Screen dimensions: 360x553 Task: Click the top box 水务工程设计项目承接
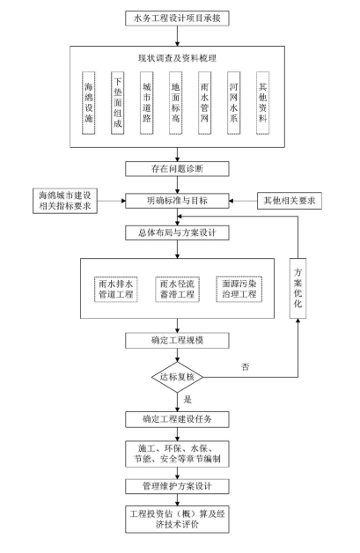pyautogui.click(x=177, y=18)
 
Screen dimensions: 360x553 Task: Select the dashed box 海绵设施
pyautogui.click(x=89, y=103)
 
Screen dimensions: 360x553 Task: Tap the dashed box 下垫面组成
pyautogui.click(x=118, y=103)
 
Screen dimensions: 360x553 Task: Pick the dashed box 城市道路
pyautogui.click(x=147, y=103)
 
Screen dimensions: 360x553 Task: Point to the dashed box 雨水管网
pyautogui.click(x=204, y=103)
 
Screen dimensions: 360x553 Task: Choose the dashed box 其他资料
pyautogui.click(x=262, y=103)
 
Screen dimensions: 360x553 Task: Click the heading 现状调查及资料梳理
pyautogui.click(x=177, y=58)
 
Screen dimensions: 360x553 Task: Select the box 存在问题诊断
pyautogui.click(x=177, y=169)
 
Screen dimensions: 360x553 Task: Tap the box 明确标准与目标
pyautogui.click(x=177, y=201)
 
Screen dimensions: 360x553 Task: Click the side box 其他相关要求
pyautogui.click(x=290, y=201)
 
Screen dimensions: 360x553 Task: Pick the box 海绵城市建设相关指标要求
pyautogui.click(x=65, y=201)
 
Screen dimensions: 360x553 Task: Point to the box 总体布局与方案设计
pyautogui.click(x=177, y=232)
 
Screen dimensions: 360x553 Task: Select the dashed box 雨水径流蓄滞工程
pyautogui.click(x=177, y=289)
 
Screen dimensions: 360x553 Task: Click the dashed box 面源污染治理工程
pyautogui.click(x=239, y=289)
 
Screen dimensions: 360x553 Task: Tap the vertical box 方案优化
pyautogui.click(x=298, y=289)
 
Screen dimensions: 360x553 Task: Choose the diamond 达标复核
pyautogui.click(x=177, y=377)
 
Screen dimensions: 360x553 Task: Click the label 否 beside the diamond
pyautogui.click(x=246, y=367)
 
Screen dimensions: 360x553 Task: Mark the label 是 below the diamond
pyautogui.click(x=187, y=399)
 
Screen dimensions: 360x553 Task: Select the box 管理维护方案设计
pyautogui.click(x=177, y=486)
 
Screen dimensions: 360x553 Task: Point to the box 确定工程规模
pyautogui.click(x=177, y=341)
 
